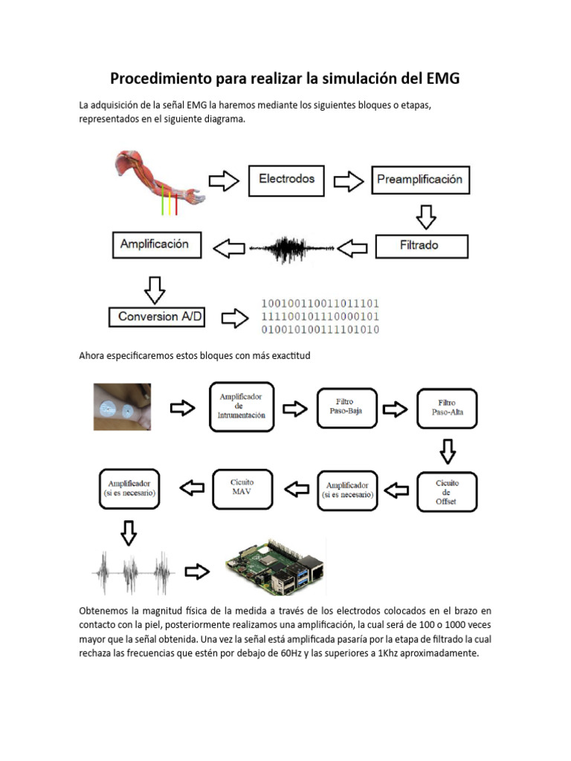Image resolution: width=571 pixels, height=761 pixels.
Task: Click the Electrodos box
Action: click(x=286, y=179)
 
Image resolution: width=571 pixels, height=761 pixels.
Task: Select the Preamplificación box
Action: click(x=419, y=179)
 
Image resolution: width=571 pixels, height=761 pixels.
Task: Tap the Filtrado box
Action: click(x=422, y=245)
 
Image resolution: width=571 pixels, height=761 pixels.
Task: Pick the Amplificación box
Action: click(x=156, y=245)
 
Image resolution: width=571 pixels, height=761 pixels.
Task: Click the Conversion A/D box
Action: click(x=156, y=317)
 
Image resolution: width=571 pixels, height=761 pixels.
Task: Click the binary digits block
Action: click(x=320, y=317)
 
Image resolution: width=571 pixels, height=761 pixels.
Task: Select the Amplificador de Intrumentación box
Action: click(x=242, y=406)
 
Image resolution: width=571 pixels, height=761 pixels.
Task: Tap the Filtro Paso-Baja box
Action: click(x=346, y=407)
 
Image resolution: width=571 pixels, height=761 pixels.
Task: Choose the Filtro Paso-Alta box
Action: click(x=447, y=408)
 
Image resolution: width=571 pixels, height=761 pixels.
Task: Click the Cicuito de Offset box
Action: click(x=447, y=492)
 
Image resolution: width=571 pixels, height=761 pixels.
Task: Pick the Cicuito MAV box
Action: click(x=242, y=488)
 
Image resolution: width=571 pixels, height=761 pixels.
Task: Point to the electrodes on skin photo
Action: click(x=122, y=407)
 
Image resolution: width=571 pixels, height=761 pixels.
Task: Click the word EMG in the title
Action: click(x=451, y=79)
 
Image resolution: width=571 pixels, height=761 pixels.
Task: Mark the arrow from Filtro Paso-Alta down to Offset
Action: click(x=447, y=450)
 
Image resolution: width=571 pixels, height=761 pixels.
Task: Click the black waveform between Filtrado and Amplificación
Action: click(x=291, y=249)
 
